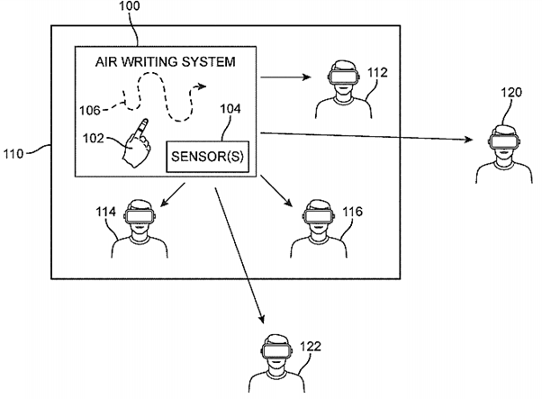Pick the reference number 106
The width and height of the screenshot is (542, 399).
tap(87, 110)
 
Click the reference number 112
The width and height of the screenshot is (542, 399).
tap(377, 72)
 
